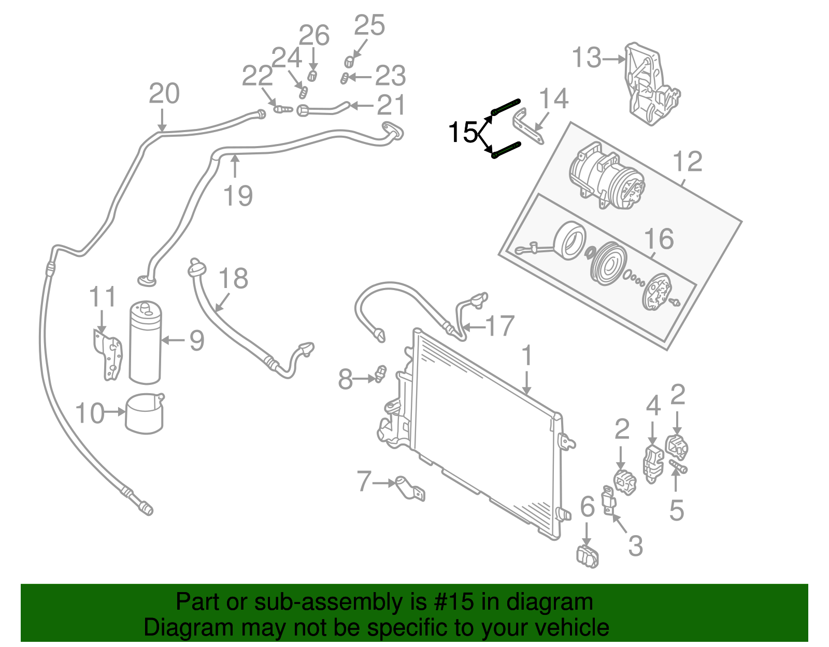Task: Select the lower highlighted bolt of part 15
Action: (506, 150)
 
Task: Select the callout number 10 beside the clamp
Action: (90, 413)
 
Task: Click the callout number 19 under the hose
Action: (238, 196)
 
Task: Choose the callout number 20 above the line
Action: (164, 94)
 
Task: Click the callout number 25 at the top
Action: (369, 25)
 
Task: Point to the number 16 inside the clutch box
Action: (659, 239)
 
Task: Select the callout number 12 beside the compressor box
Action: (688, 162)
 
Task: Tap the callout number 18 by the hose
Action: (234, 279)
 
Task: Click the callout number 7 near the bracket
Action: (364, 481)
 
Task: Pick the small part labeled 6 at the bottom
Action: (588, 556)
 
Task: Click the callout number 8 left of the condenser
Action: (345, 379)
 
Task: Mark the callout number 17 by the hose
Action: (500, 326)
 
